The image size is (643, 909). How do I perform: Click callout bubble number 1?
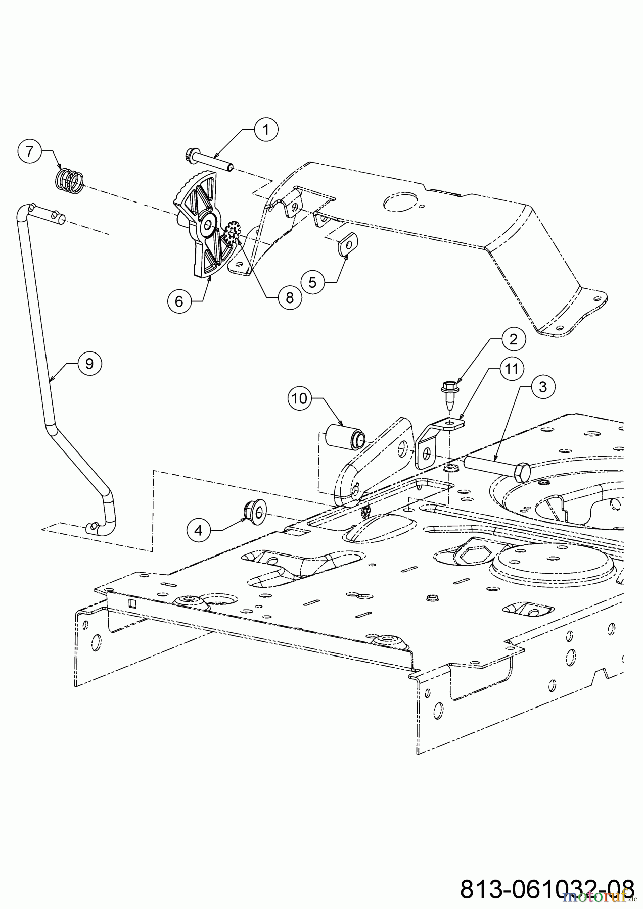(265, 130)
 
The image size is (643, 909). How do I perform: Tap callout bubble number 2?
(513, 339)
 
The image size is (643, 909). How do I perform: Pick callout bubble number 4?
(199, 530)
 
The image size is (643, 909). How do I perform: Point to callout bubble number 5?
(312, 282)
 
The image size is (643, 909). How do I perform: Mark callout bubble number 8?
(289, 298)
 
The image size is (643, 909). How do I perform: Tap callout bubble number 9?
(89, 364)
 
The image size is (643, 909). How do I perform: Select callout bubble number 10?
(299, 398)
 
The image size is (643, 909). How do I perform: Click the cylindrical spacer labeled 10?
(344, 436)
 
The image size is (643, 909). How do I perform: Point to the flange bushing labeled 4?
(254, 511)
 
